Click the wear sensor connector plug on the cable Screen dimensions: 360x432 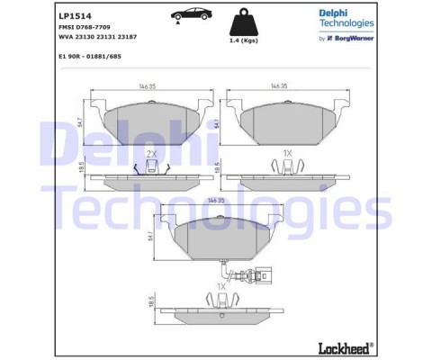tap(257, 277)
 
